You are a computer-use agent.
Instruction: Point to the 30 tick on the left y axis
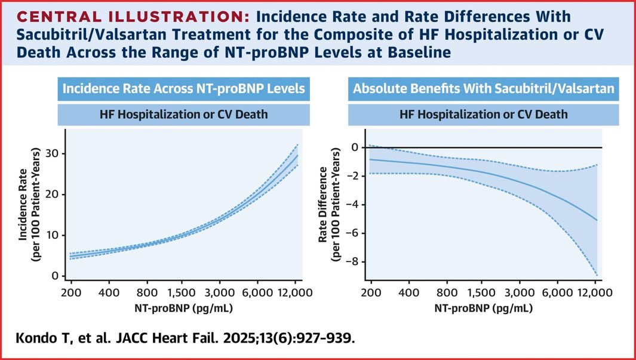55,153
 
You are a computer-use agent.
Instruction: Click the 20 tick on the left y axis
55,195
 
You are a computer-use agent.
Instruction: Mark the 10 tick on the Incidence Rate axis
55,235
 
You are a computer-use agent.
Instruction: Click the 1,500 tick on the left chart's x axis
183,292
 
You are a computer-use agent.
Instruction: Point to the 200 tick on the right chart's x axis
371,292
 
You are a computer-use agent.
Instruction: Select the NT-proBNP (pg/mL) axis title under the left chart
184,309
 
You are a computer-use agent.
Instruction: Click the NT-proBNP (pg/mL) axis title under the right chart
484,309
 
